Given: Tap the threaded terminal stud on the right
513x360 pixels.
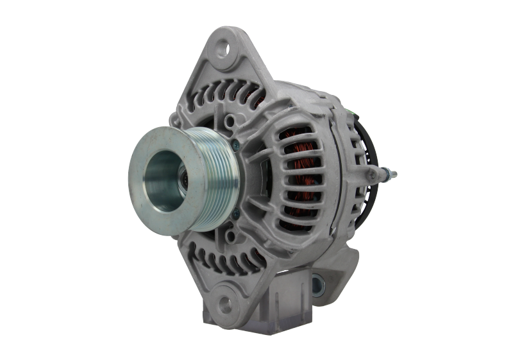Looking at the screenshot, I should coord(389,173).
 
